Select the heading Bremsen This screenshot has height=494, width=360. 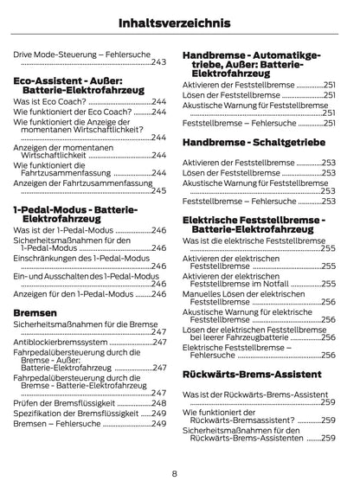(35, 312)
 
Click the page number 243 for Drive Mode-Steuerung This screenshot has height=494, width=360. (159, 62)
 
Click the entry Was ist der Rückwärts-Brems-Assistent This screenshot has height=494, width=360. (256, 395)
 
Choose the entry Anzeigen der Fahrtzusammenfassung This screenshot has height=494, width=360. (80, 183)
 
